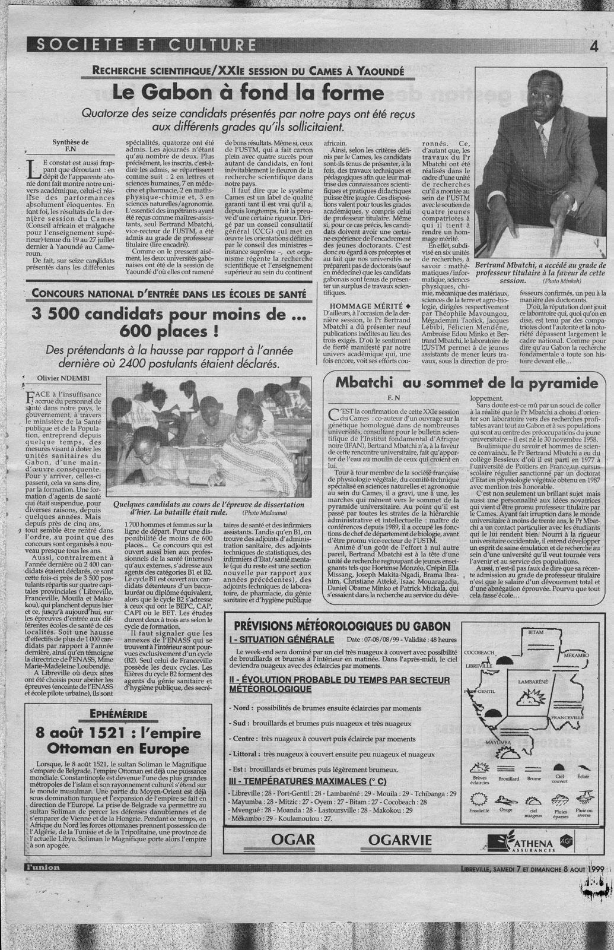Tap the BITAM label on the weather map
coord(536,634)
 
